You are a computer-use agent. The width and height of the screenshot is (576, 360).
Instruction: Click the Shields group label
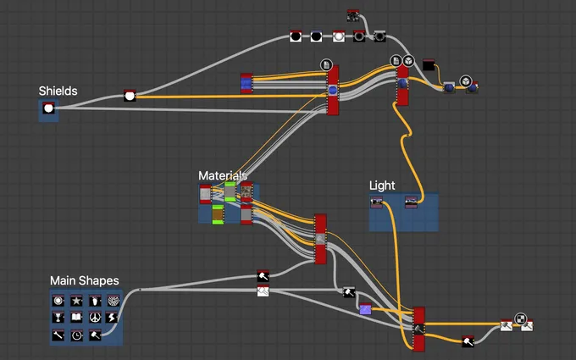tap(58, 91)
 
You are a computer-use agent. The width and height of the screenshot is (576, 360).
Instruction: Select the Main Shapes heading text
tap(84, 280)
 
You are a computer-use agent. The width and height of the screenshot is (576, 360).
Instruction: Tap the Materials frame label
tap(223, 175)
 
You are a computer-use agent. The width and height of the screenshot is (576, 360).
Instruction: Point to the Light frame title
tap(382, 186)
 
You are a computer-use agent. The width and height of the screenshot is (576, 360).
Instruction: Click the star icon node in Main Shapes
tap(76, 301)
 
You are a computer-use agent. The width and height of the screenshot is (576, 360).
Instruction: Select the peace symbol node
tap(94, 318)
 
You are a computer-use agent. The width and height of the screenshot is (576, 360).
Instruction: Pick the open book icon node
tap(76, 318)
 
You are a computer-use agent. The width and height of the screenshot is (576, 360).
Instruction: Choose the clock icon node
tap(76, 335)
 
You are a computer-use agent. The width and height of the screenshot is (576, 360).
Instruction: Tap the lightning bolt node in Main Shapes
tap(113, 318)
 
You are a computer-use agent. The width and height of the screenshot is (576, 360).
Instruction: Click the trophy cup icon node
tap(58, 318)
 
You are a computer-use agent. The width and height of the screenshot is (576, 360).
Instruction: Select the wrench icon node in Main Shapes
tap(58, 335)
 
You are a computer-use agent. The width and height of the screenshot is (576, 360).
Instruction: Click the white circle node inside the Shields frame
tap(48, 108)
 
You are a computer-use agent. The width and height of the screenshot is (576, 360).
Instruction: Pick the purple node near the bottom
tap(365, 310)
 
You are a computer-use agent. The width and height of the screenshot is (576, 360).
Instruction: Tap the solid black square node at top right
tap(429, 65)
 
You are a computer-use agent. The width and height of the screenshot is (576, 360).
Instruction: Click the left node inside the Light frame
tap(377, 202)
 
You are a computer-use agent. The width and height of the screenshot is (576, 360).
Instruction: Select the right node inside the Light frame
tap(411, 202)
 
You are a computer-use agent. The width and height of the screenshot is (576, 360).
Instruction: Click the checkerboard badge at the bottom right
tap(522, 319)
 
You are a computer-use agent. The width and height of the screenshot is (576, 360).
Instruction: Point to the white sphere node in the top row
tap(338, 36)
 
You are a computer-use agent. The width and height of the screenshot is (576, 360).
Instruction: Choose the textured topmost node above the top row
tap(353, 16)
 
